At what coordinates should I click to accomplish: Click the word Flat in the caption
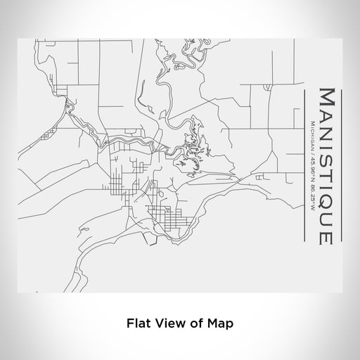click(x=137, y=324)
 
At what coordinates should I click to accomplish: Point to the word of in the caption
click(x=200, y=324)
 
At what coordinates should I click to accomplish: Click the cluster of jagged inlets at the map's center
click(x=188, y=148)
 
